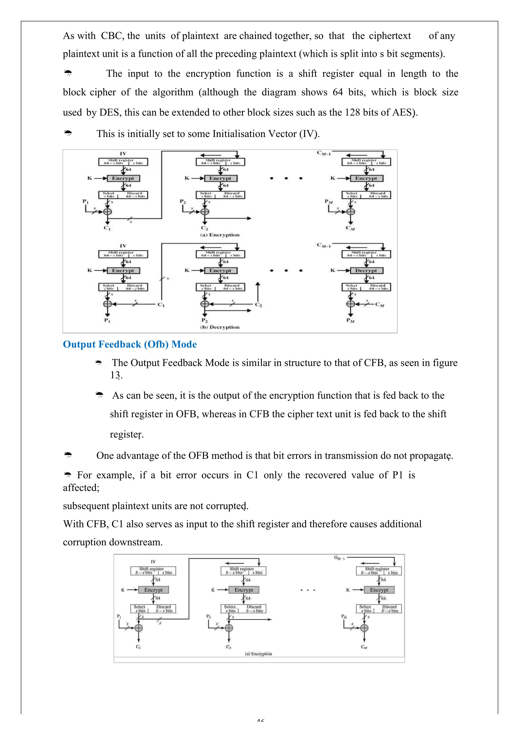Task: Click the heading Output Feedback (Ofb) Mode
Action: point(130,344)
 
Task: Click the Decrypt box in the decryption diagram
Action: point(366,271)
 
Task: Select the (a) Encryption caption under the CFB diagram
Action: point(220,235)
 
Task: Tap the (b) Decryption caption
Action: point(220,327)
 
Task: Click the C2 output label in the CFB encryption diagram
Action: point(204,228)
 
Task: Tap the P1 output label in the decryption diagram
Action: point(107,320)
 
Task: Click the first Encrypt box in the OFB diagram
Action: point(153,590)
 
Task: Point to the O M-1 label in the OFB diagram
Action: point(339,558)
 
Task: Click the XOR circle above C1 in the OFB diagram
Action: point(139,628)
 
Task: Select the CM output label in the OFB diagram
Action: point(364,647)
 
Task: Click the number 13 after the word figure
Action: point(115,375)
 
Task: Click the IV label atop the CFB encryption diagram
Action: point(123,154)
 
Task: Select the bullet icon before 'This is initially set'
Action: point(68,133)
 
